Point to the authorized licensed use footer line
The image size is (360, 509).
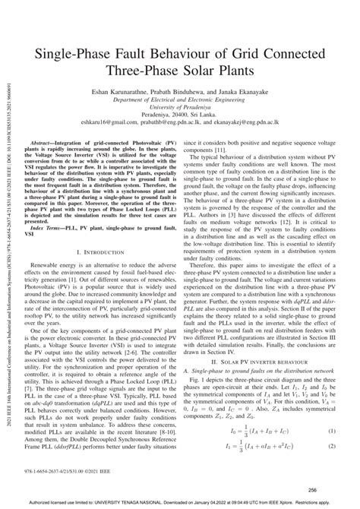[179, 503]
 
